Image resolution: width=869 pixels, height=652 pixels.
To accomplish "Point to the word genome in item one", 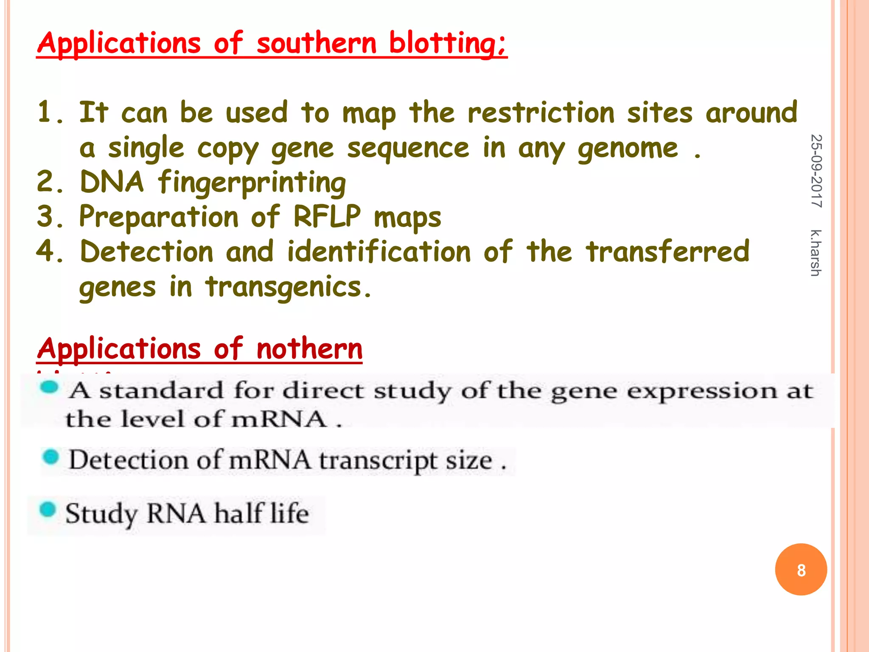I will [x=628, y=149].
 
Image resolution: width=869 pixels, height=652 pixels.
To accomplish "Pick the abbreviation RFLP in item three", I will [x=327, y=217].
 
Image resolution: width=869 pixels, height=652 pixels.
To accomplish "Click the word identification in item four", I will [x=379, y=252].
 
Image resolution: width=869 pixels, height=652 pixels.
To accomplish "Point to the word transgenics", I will [x=289, y=287].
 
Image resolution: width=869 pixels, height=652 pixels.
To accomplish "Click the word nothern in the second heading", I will [x=309, y=349].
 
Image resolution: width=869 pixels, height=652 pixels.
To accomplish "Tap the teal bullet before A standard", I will [x=49, y=387].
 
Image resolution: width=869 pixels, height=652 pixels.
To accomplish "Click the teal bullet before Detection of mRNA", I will [x=51, y=457].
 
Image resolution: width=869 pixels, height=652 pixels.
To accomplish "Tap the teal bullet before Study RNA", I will [x=48, y=510].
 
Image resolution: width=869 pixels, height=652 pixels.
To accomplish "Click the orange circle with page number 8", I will [x=801, y=569].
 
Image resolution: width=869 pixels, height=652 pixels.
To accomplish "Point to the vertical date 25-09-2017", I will [x=816, y=171].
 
